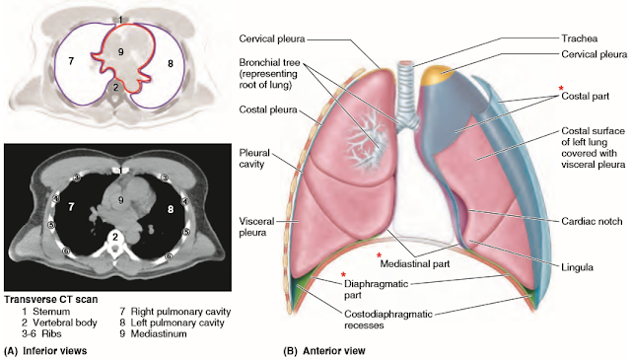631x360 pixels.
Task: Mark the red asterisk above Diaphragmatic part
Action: coord(343,273)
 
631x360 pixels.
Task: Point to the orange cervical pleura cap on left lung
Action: coord(439,76)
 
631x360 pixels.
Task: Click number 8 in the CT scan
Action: coord(170,210)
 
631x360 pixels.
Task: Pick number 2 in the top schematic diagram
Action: coord(115,88)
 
